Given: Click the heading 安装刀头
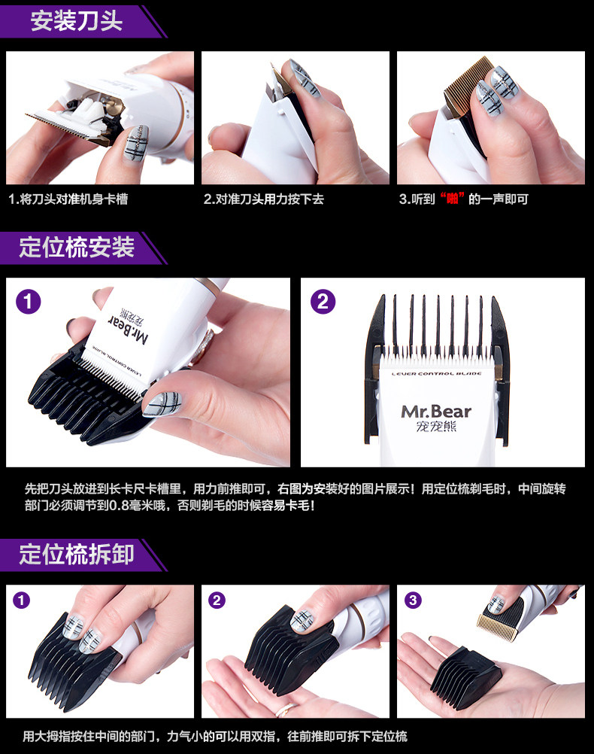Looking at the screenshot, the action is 77,21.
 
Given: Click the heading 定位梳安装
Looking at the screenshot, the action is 77,248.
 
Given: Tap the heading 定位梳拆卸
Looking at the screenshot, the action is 77,555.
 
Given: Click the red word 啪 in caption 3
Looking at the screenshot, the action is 452,199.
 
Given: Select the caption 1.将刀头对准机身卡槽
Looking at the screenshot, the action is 68,199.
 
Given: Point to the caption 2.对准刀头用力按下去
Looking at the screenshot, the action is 263,199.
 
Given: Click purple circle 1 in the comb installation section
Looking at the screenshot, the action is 29,302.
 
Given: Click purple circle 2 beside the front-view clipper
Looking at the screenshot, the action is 323,302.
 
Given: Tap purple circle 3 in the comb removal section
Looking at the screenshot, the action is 413,600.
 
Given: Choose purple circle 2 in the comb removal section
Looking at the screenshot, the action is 217,600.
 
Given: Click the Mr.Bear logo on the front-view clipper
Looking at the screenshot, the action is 436,411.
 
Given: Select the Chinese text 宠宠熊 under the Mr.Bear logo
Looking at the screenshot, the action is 436,427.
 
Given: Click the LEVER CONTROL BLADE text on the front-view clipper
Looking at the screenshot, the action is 436,374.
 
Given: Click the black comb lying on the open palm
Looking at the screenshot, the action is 465,678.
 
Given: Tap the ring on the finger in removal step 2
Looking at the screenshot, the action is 286,709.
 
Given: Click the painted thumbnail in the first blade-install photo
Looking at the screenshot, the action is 135,143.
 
